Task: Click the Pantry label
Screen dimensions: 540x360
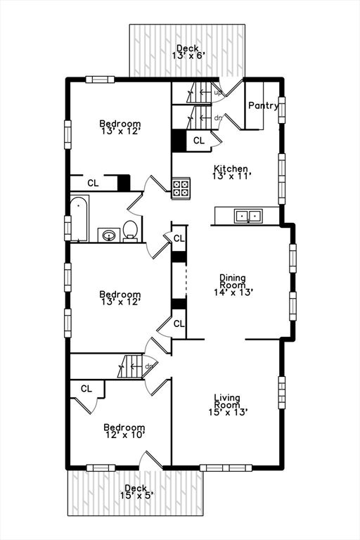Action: coord(263,106)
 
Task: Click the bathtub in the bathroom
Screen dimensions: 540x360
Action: coord(78,218)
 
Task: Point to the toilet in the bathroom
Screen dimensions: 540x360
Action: coord(130,230)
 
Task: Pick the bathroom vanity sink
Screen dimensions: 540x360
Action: coord(108,234)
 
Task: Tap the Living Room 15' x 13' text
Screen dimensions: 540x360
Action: coord(227,405)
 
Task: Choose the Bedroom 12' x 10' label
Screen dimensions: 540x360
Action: coord(124,431)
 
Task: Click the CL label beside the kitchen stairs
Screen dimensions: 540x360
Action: coord(199,141)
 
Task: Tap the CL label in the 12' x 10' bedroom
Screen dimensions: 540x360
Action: coord(86,388)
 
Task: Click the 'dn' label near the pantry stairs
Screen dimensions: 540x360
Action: coord(218,118)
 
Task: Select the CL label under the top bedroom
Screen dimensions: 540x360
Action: coord(93,183)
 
